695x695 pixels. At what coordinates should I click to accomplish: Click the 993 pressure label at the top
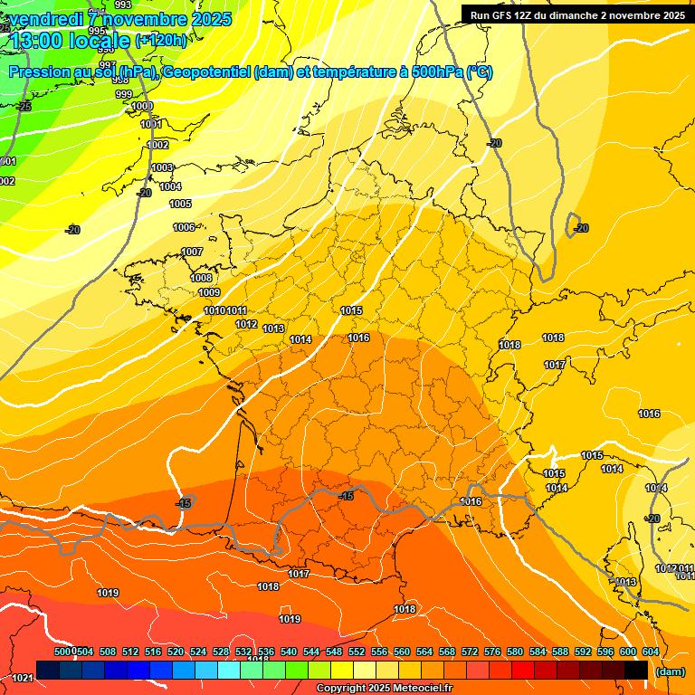point(124,5)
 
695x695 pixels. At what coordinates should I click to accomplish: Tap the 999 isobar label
point(124,94)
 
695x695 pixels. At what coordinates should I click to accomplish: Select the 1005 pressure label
point(181,204)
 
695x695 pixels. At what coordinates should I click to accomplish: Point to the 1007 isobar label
point(192,252)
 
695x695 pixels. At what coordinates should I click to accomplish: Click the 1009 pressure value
point(209,292)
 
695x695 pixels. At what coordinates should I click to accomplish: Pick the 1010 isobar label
point(215,310)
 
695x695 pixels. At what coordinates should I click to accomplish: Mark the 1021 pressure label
point(24,677)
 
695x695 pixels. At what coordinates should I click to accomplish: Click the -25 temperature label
point(24,107)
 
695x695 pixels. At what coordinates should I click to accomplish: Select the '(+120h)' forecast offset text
point(161,40)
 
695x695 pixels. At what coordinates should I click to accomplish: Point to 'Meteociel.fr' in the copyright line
point(418,689)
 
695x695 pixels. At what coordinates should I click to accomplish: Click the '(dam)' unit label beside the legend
point(670,671)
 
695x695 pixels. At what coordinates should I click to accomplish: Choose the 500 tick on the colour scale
point(62,652)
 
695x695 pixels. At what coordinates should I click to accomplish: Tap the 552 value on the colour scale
point(356,652)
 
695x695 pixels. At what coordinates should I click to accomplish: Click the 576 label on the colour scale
point(492,652)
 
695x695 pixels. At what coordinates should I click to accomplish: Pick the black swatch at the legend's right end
point(636,670)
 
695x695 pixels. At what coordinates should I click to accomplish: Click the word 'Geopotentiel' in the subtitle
point(206,73)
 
